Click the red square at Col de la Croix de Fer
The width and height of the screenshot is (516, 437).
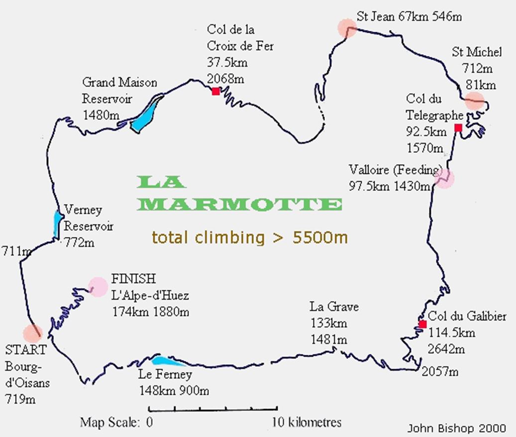(x=215, y=91)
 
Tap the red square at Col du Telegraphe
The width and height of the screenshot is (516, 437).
(x=458, y=128)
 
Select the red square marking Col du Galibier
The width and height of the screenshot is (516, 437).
(x=422, y=325)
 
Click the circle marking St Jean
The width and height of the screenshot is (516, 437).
(x=346, y=28)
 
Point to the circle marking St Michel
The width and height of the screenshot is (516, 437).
(x=474, y=101)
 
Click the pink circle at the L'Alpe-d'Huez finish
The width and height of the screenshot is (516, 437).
(x=98, y=286)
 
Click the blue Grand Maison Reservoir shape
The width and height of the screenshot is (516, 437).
(x=146, y=113)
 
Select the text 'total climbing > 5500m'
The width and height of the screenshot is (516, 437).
(x=250, y=237)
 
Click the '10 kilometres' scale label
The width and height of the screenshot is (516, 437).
(x=307, y=423)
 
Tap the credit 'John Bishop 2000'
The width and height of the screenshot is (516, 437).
(x=457, y=428)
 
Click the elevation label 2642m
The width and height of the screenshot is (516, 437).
(x=446, y=348)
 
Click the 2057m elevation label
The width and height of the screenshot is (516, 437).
(x=440, y=371)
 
